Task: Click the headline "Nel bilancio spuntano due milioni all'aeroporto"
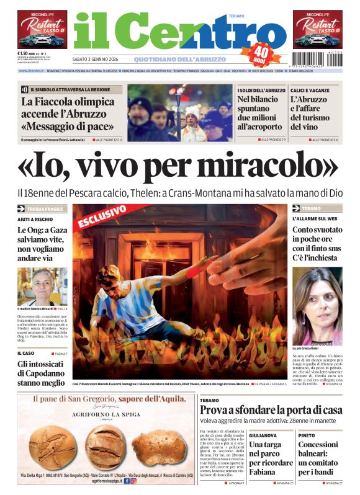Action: [259, 112]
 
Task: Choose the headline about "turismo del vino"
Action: [316, 112]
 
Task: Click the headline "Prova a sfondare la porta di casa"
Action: [271, 410]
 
